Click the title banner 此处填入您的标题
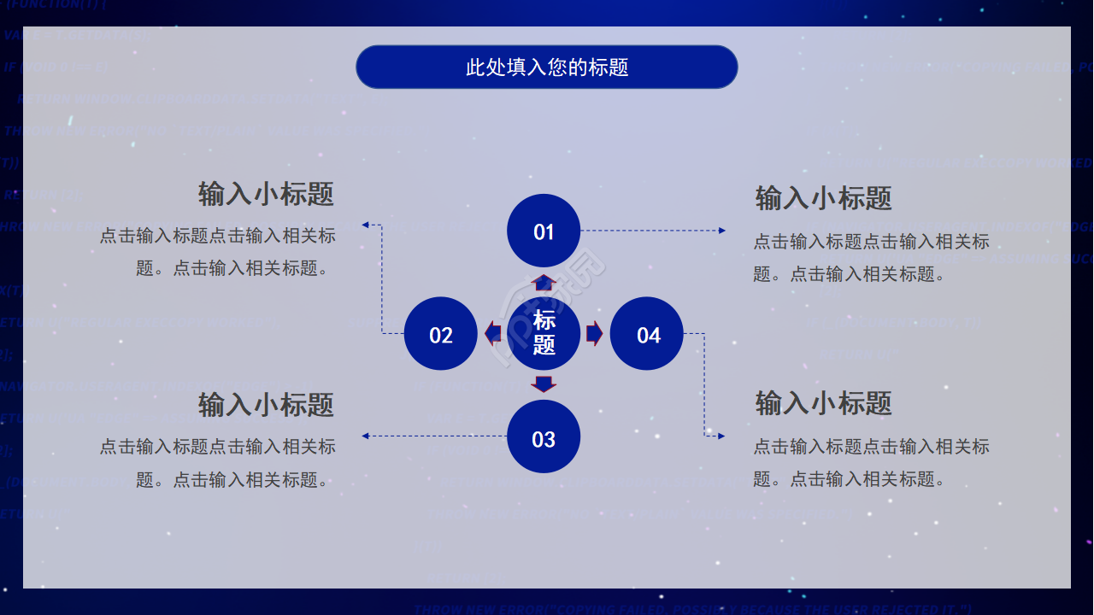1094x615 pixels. (x=547, y=67)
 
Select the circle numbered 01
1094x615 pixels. (x=544, y=231)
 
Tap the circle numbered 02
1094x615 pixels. (x=441, y=334)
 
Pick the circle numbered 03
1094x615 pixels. (x=544, y=437)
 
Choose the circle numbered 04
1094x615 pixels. (x=647, y=334)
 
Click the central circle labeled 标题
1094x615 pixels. (x=544, y=333)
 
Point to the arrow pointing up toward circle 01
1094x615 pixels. (x=544, y=283)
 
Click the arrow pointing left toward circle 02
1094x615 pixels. (x=493, y=333)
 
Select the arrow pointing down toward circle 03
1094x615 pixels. (x=544, y=384)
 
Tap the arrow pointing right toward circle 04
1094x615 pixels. (x=595, y=333)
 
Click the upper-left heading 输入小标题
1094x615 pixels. (x=266, y=194)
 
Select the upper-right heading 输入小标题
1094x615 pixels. (x=823, y=198)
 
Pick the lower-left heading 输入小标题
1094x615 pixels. (x=266, y=404)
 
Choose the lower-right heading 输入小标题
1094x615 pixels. (x=823, y=402)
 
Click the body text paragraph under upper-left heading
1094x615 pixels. (x=218, y=252)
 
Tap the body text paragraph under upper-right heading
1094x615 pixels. (x=871, y=258)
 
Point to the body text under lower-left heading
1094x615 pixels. (x=218, y=463)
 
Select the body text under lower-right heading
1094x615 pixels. (x=871, y=463)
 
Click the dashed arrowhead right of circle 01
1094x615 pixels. (x=722, y=231)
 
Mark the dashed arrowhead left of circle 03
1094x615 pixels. (x=365, y=436)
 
